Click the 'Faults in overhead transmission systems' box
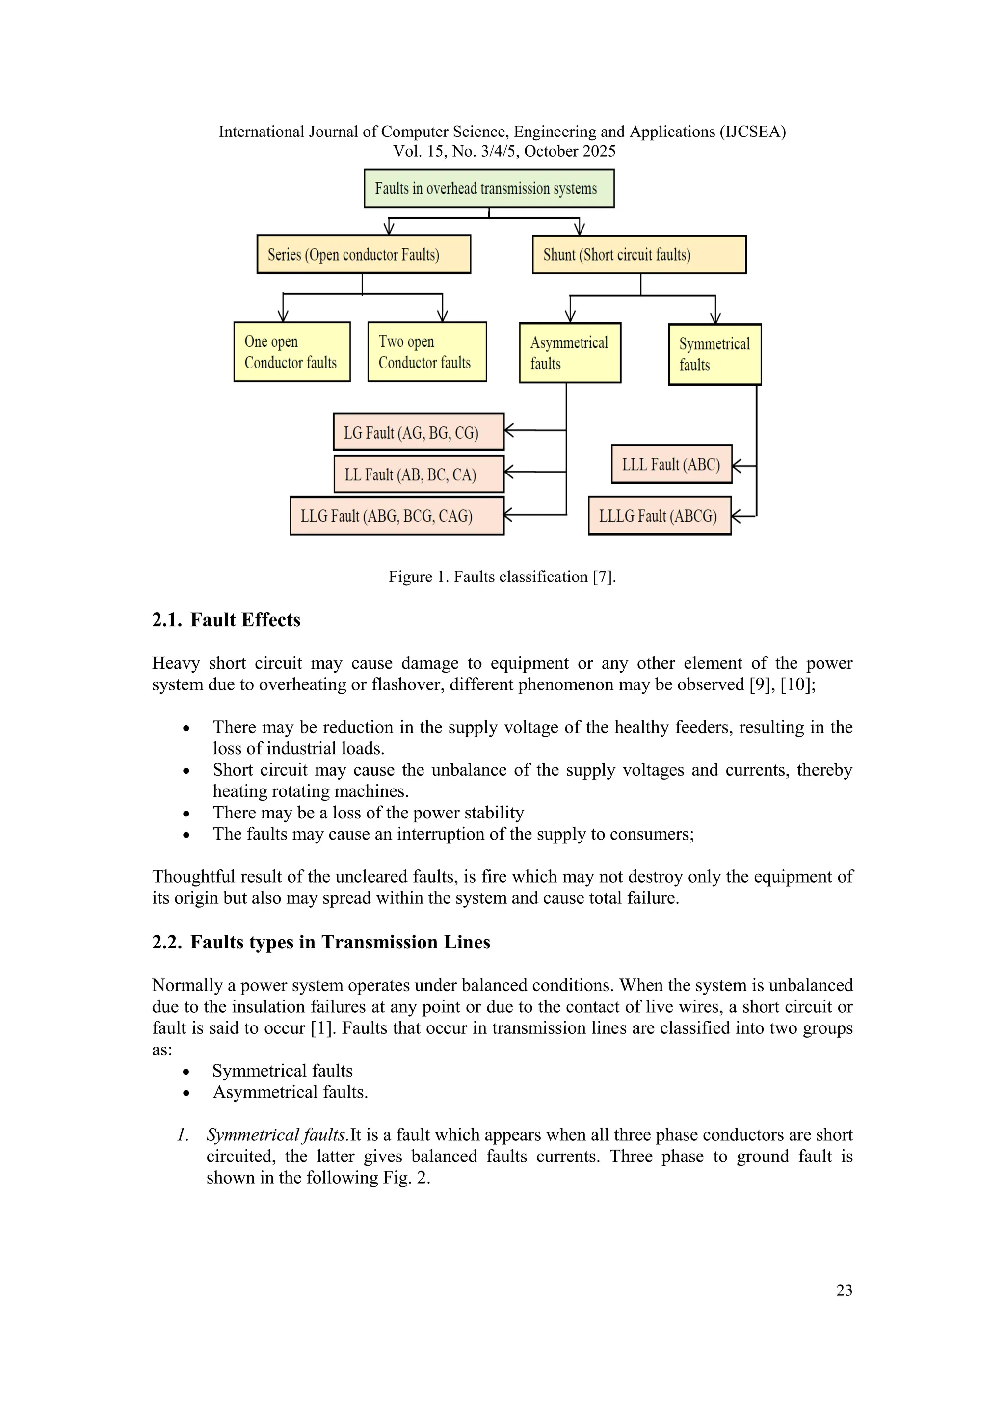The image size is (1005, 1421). [489, 188]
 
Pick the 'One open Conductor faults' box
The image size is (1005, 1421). [291, 351]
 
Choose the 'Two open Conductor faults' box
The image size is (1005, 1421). [426, 351]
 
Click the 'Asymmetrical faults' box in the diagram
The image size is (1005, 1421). [569, 353]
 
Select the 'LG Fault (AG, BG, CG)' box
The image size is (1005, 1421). [418, 432]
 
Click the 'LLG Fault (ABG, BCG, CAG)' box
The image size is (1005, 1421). [397, 516]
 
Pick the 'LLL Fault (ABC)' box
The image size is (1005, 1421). [671, 464]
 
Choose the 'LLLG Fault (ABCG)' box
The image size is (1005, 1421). [659, 516]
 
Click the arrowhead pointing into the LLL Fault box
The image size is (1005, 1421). [737, 466]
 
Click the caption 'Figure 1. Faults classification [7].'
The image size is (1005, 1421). [502, 577]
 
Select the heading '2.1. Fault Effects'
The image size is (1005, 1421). [227, 620]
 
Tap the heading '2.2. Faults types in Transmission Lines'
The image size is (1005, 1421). [321, 942]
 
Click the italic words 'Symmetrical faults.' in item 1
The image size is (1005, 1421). [277, 1134]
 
